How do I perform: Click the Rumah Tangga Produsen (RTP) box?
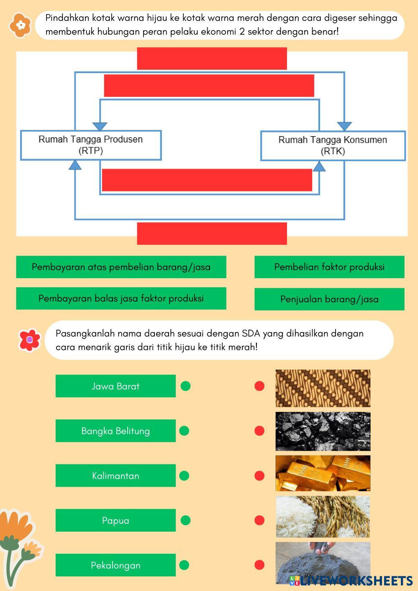[x=91, y=145]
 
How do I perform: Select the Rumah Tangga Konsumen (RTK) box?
[x=333, y=146]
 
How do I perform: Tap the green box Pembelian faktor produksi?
[x=329, y=267]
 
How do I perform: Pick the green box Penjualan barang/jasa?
[x=329, y=299]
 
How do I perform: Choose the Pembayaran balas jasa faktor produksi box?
[x=121, y=298]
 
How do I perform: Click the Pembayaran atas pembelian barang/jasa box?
[x=121, y=267]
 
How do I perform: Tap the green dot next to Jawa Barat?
[x=186, y=386]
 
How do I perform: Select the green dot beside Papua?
[x=186, y=520]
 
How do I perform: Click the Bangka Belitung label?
[x=115, y=431]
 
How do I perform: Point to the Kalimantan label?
[x=115, y=475]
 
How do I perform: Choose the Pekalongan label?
[x=115, y=565]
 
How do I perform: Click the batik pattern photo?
[x=323, y=388]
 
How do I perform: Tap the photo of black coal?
[x=323, y=431]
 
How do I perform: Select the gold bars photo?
[x=323, y=473]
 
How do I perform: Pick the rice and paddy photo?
[x=323, y=517]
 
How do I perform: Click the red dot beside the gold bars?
[x=259, y=476]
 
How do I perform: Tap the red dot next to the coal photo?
[x=259, y=431]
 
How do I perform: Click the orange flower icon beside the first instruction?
[x=21, y=25]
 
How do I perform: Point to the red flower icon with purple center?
[x=30, y=340]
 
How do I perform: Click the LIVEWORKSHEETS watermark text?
[x=351, y=581]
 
